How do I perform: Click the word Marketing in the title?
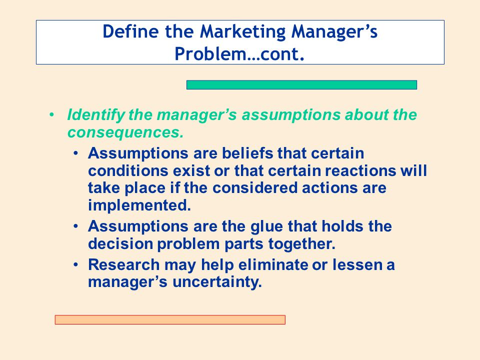[x=243, y=32]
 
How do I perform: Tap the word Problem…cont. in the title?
[x=239, y=54]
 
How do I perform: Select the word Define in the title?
[x=130, y=31]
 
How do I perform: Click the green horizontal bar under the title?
[x=301, y=85]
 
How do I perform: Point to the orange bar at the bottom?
[x=170, y=319]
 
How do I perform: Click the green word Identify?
[x=95, y=115]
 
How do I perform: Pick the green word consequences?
[x=125, y=132]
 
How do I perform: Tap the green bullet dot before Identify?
[x=51, y=115]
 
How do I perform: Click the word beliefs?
[x=247, y=153]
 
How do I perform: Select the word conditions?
[x=128, y=170]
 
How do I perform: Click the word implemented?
[x=139, y=205]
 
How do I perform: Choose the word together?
[x=302, y=244]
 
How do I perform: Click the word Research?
[x=123, y=264]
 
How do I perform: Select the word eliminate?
[x=273, y=264]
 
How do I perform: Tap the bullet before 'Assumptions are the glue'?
[x=75, y=226]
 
